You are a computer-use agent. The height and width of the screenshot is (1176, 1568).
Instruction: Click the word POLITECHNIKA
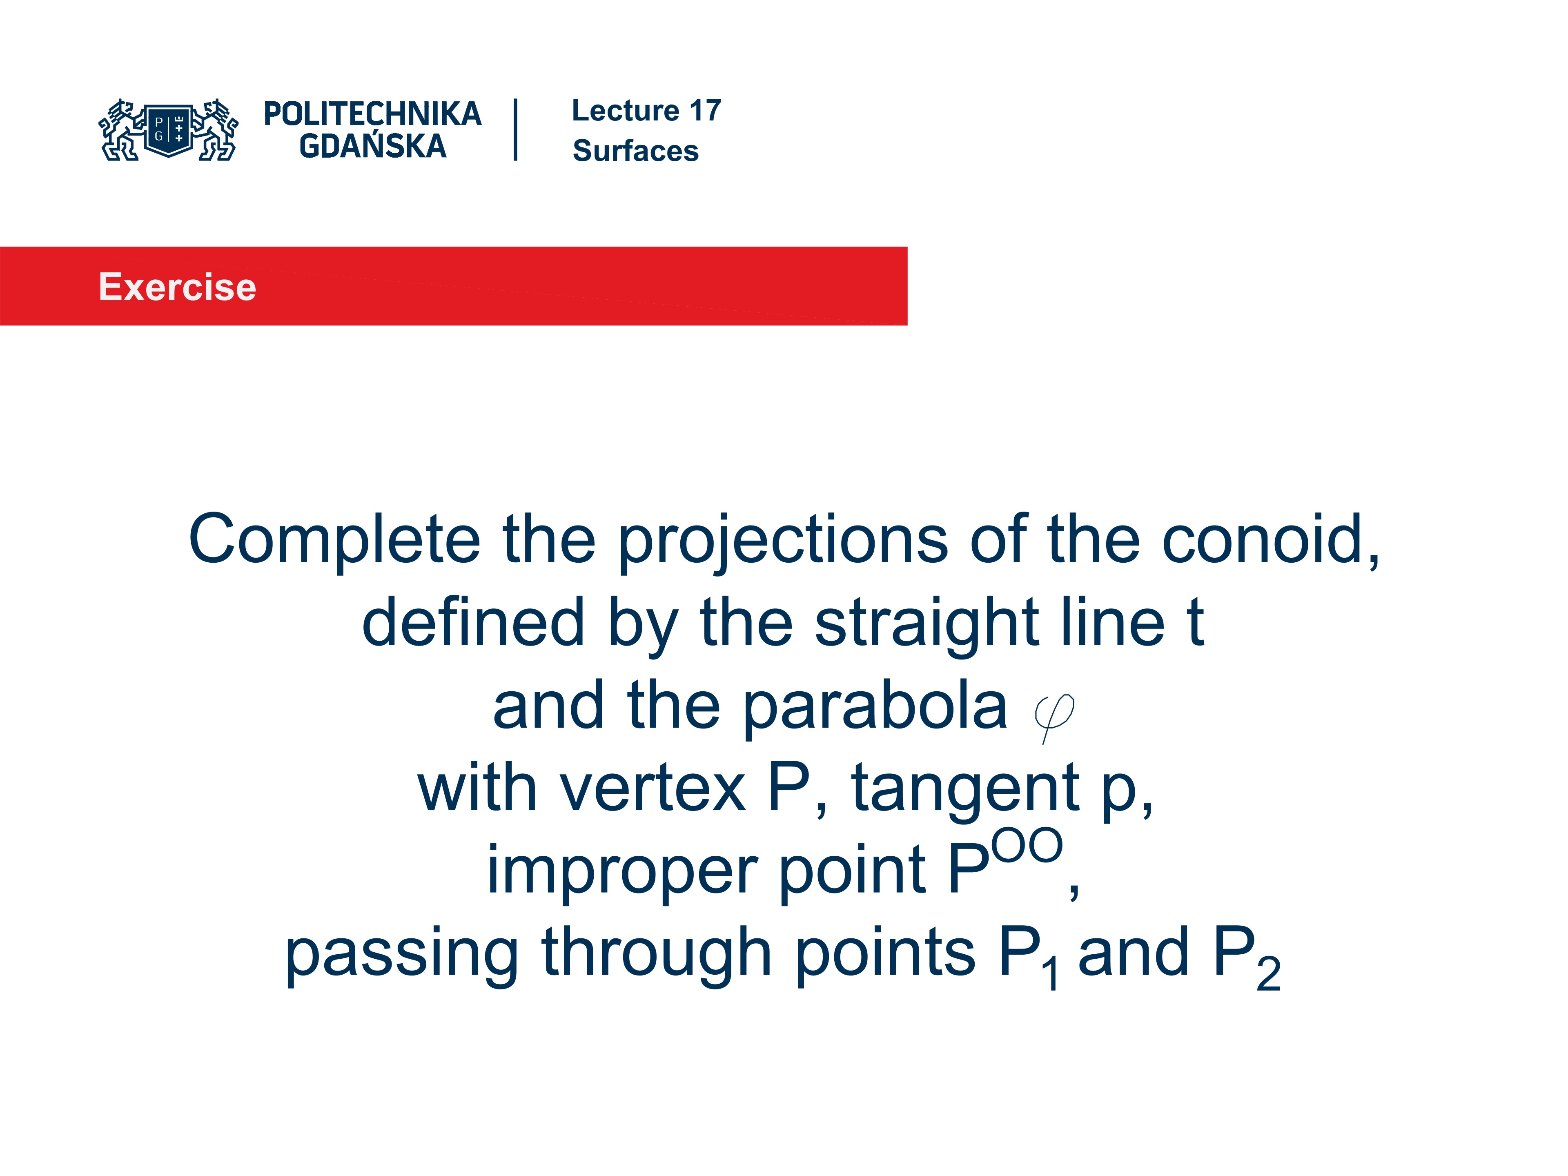click(372, 114)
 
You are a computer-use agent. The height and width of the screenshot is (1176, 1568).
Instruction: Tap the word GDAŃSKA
click(372, 146)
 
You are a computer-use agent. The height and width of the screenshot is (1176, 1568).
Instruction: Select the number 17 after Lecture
click(705, 111)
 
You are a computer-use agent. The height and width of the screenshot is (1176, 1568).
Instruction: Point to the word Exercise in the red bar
click(177, 287)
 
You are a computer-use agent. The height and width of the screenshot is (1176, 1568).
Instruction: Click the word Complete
click(334, 540)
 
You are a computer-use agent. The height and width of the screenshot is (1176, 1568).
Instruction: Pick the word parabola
click(875, 708)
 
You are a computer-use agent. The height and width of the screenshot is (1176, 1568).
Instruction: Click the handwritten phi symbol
click(1053, 716)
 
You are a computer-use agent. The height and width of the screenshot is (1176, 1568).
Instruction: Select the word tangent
click(964, 791)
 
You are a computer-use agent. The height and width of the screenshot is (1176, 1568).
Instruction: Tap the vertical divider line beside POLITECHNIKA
click(515, 130)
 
